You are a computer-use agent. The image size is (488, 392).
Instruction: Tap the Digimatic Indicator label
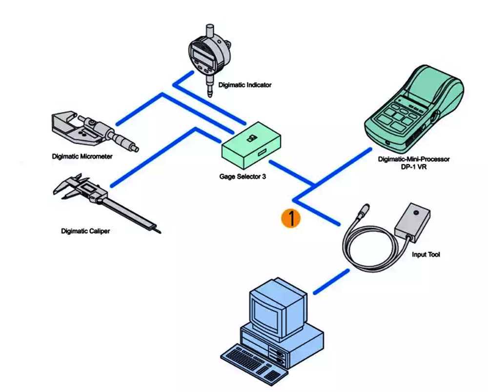pyautogui.click(x=244, y=85)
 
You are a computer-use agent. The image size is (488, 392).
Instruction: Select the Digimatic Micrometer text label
pyautogui.click(x=82, y=157)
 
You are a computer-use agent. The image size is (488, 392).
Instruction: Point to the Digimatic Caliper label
pyautogui.click(x=85, y=231)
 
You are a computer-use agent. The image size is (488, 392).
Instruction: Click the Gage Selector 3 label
pyautogui.click(x=243, y=176)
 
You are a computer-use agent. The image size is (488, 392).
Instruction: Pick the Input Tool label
pyautogui.click(x=426, y=255)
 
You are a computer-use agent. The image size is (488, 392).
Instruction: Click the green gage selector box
pyautogui.click(x=251, y=144)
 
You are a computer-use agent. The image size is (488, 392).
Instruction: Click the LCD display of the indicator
pyautogui.click(x=203, y=56)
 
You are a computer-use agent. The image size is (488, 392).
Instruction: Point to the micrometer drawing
pyautogui.click(x=94, y=132)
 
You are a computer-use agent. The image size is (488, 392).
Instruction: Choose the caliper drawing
pyautogui.click(x=107, y=202)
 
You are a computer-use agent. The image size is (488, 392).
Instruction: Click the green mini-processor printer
pyautogui.click(x=414, y=109)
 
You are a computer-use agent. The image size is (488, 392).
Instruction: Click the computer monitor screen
pyautogui.click(x=265, y=313)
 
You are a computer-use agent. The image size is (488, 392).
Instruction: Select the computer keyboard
pyautogui.click(x=253, y=363)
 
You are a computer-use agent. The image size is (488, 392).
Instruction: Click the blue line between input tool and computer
pyautogui.click(x=331, y=282)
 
